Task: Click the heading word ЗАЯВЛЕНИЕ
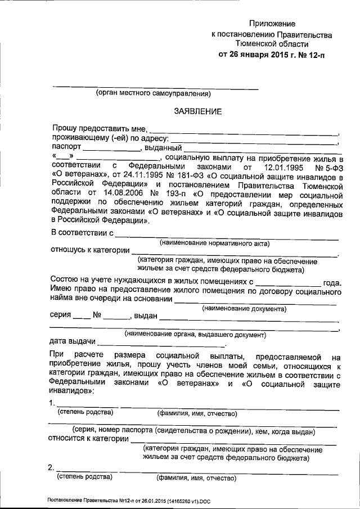tap(197, 112)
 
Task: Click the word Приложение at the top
tap(273, 24)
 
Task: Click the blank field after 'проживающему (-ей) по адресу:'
tap(254, 138)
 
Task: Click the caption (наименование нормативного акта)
tap(214, 243)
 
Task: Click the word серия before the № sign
tap(61, 317)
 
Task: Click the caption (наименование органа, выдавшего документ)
tap(194, 334)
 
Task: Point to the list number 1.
tap(52, 403)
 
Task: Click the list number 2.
tap(52, 468)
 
